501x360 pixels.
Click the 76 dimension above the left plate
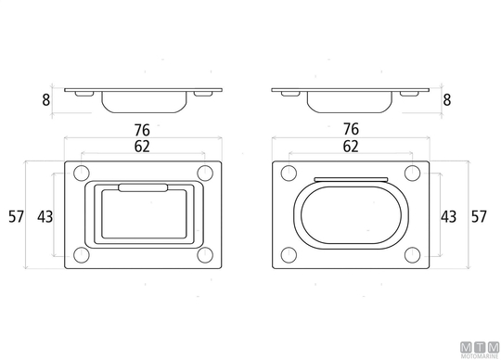click(x=142, y=130)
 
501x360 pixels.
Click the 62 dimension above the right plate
click(x=351, y=147)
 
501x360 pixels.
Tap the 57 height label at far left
click(x=16, y=216)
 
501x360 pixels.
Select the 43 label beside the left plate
click(x=45, y=217)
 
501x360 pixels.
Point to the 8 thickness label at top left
click(x=46, y=100)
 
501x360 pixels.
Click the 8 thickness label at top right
click(x=446, y=100)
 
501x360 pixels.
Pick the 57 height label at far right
click(x=479, y=216)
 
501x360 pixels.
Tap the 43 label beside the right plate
click(x=448, y=217)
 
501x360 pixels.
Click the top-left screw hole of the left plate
click(x=82, y=174)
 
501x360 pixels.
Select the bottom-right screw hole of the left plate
click(x=205, y=255)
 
